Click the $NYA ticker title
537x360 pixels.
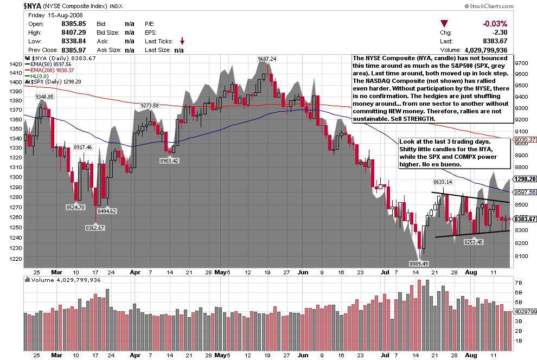point(33,5)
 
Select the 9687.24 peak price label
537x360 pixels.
point(266,59)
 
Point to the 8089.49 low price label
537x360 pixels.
point(418,263)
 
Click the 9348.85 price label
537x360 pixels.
point(44,97)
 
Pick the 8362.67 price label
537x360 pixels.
point(94,228)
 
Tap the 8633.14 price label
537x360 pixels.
point(442,182)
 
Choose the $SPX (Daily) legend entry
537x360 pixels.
point(50,82)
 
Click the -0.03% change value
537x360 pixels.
point(495,24)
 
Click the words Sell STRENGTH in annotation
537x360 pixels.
point(414,118)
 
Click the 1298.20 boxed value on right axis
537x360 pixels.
point(525,178)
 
